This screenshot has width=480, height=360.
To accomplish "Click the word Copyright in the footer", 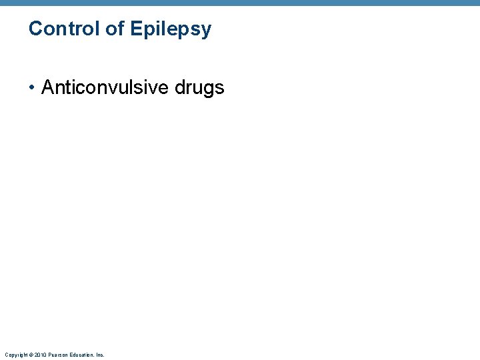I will [x=15, y=355].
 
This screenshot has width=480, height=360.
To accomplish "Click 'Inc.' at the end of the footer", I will [x=99, y=355].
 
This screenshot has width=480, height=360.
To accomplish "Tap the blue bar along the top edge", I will [x=240, y=3].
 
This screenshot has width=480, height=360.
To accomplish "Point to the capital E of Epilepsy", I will [x=135, y=29].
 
